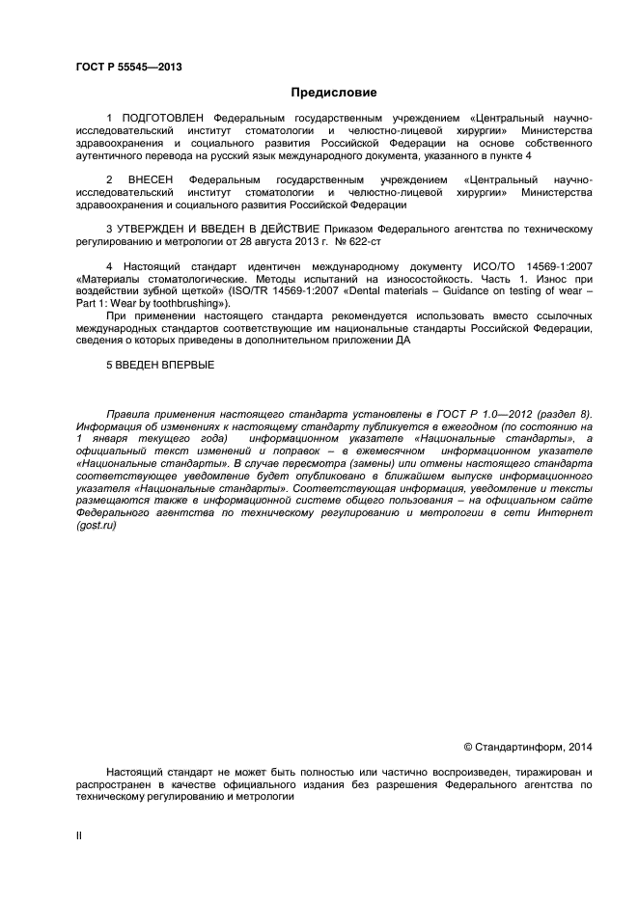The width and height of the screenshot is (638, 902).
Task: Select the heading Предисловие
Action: click(334, 93)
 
